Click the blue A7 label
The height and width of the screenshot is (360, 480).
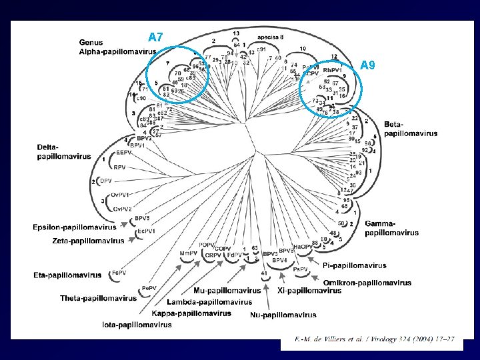(x=155, y=37)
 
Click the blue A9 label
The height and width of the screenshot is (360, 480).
(x=369, y=65)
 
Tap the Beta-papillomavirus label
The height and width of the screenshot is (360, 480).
(x=411, y=129)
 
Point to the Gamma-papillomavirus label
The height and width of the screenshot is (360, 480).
(x=392, y=228)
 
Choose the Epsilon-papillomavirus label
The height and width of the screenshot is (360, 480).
(x=74, y=228)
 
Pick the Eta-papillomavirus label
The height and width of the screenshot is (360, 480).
(x=67, y=275)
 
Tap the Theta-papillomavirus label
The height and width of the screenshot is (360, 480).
(x=99, y=297)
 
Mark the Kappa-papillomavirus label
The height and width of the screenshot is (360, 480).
(x=191, y=313)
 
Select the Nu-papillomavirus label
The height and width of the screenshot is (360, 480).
(x=283, y=315)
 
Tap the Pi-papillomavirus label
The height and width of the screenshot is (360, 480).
(x=354, y=265)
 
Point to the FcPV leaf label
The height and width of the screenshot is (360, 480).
(x=119, y=272)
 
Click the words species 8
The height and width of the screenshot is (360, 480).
(x=270, y=37)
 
